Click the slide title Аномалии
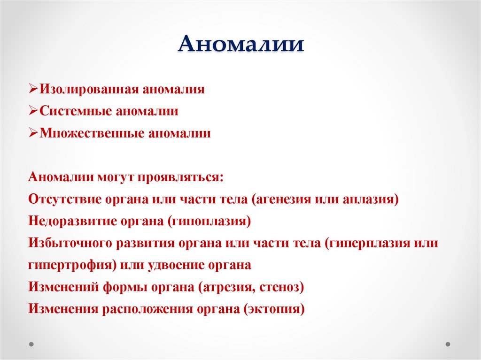[x=240, y=46]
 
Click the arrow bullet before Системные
[x=33, y=111]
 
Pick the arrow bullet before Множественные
[x=33, y=133]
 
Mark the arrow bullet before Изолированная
[x=33, y=89]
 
